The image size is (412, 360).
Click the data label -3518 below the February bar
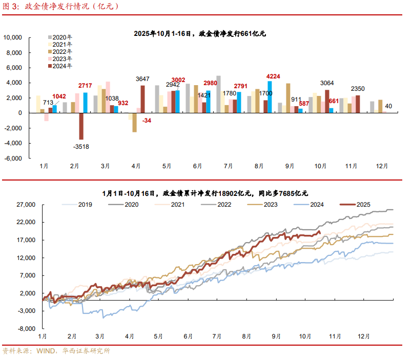[80, 147]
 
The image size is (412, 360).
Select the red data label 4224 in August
[274, 77]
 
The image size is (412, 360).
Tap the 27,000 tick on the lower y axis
[25, 205]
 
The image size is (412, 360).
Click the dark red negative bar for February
[81, 126]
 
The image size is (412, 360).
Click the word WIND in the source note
[47, 351]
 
